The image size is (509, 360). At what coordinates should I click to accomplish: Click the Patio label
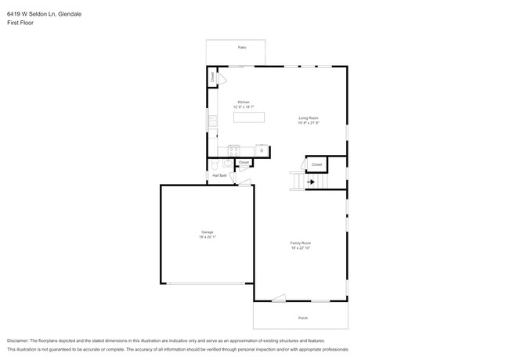[x=242, y=48]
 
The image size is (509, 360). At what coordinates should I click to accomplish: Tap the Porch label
[x=302, y=318]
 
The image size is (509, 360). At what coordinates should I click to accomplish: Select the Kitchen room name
[x=244, y=102]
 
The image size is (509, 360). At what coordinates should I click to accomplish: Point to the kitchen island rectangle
[x=248, y=117]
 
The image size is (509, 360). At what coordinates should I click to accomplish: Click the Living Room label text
[x=308, y=118]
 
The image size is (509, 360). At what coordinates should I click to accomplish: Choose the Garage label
[x=207, y=232]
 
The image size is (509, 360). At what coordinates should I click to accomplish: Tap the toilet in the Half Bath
[x=214, y=165]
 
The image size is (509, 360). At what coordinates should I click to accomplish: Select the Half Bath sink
[x=227, y=164]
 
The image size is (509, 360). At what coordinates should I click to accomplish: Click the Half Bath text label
[x=219, y=175]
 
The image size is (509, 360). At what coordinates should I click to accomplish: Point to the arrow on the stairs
[x=311, y=182]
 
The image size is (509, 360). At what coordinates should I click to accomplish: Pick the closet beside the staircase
[x=316, y=165]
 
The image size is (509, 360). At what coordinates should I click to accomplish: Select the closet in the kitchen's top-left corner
[x=213, y=77]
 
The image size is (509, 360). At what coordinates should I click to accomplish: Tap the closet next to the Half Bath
[x=244, y=163]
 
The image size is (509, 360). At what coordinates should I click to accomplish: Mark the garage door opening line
[x=207, y=283]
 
